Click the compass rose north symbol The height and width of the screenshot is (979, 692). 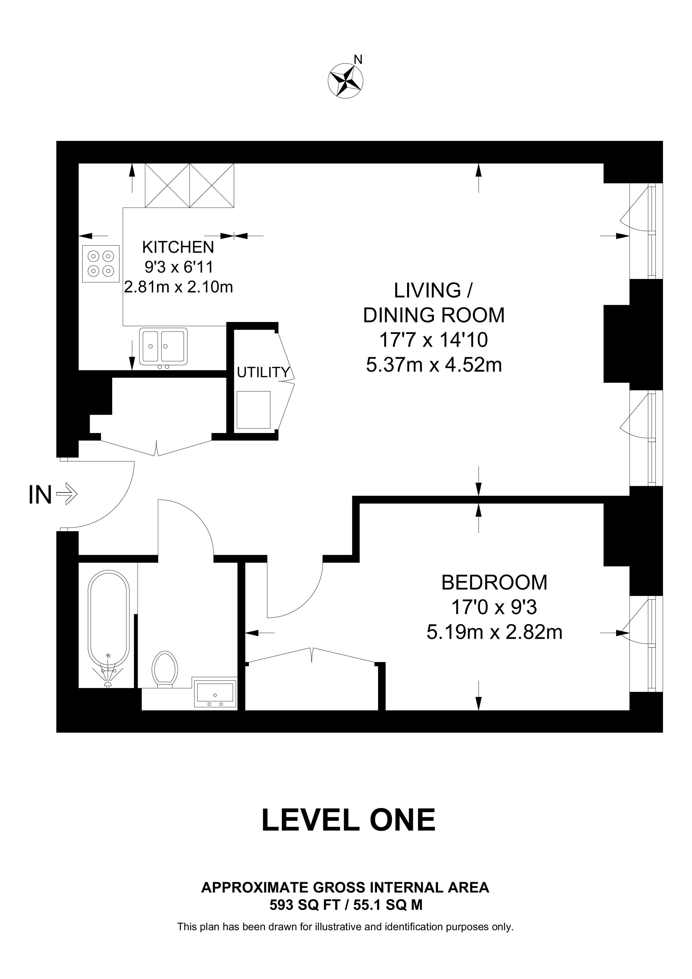coord(345,80)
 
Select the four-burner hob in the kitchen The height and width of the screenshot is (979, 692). coord(101,264)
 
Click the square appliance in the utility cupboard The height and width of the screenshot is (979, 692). coord(254,410)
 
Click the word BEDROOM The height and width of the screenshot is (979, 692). coord(494,582)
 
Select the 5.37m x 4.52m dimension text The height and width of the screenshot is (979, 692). coord(434,365)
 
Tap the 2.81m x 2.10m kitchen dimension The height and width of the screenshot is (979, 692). coord(179,287)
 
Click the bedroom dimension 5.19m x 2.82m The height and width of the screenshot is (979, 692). coord(494,632)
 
